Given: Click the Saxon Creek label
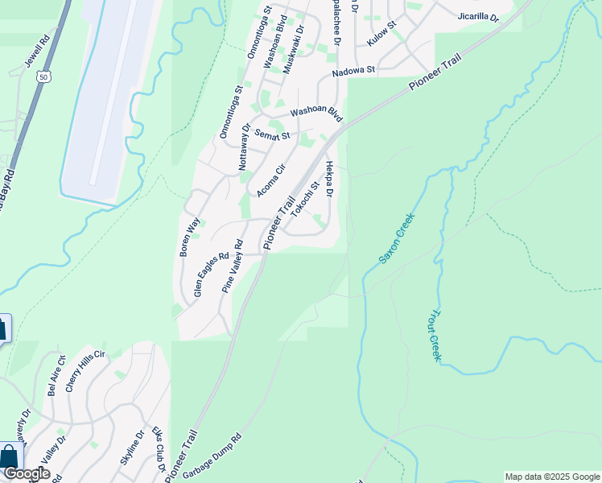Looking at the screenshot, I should click(x=396, y=240).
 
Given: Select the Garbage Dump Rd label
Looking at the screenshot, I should click(x=212, y=456).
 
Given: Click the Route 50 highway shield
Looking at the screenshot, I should click(x=43, y=77).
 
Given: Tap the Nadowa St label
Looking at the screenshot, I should click(x=354, y=72).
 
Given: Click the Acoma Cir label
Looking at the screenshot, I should click(x=271, y=180).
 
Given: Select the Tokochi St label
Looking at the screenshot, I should click(x=307, y=198).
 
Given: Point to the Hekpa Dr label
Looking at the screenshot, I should click(x=329, y=176).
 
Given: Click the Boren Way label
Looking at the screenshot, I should click(x=190, y=236).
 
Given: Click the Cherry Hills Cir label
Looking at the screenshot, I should click(x=86, y=371).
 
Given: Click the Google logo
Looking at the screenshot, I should click(x=27, y=473).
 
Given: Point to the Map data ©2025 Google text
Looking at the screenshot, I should click(x=551, y=477).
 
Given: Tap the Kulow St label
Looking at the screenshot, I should click(x=381, y=34).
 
